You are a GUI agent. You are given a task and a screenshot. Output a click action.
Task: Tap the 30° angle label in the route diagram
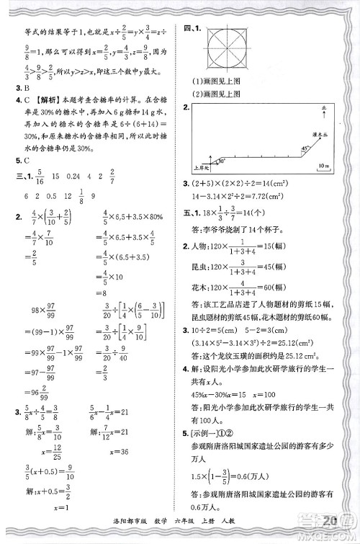[222, 161]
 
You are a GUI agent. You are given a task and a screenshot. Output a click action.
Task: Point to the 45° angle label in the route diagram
[306, 147]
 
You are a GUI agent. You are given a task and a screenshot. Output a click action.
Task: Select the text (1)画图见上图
[225, 81]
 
